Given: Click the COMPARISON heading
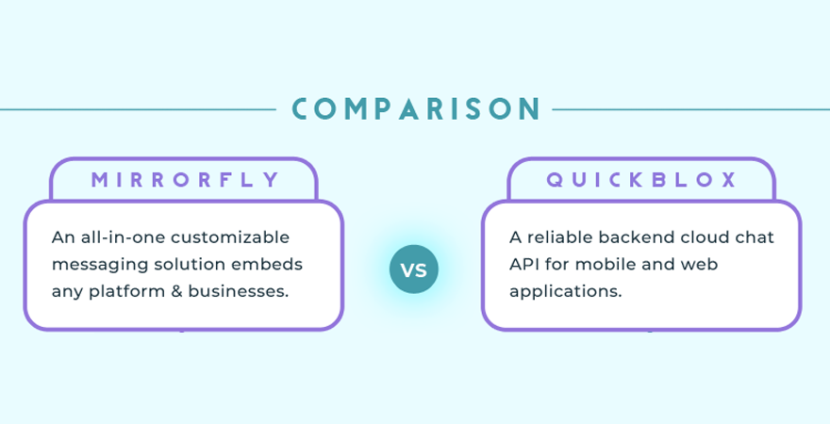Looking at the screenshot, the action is [x=416, y=108].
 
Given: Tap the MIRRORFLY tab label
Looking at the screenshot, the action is [x=185, y=180].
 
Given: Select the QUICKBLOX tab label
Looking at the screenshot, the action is [x=641, y=180].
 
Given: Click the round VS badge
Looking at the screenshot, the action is [x=414, y=269].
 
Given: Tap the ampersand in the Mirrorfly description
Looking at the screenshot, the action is [x=176, y=291].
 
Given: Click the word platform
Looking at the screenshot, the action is [x=126, y=292].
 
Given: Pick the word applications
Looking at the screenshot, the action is [x=565, y=292].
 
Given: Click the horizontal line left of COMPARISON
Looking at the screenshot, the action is [x=138, y=109].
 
